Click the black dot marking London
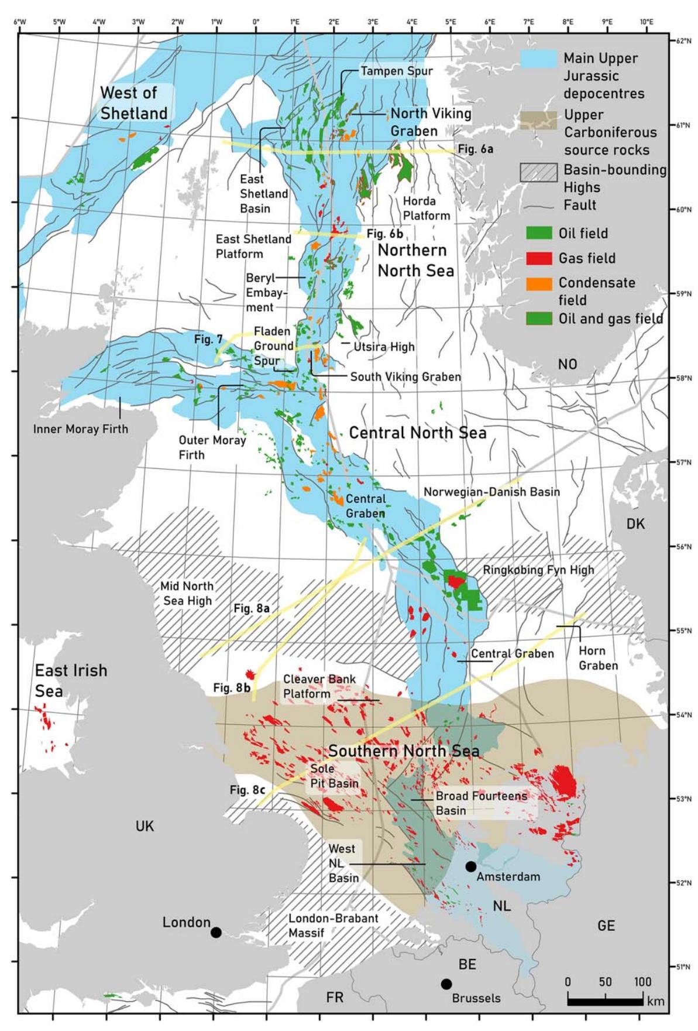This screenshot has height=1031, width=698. tap(216, 932)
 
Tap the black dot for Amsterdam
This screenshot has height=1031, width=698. tap(471, 866)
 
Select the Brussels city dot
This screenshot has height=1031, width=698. tap(446, 984)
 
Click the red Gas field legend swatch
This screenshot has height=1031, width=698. tap(539, 258)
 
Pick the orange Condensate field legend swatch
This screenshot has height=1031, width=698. tap(539, 283)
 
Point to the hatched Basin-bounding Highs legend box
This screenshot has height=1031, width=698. tap(538, 172)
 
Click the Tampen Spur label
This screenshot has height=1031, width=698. tap(397, 71)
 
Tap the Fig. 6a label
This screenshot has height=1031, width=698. tap(475, 149)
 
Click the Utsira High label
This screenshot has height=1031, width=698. tap(384, 347)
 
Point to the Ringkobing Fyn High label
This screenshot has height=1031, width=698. tap(538, 570)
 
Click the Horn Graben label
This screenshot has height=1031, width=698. tap(598, 658)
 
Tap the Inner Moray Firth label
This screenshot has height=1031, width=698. tap(81, 429)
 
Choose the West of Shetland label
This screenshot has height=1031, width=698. tap(133, 102)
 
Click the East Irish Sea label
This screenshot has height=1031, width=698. tap(71, 680)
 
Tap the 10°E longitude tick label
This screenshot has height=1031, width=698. tap(646, 22)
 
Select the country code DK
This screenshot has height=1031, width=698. tap(635, 523)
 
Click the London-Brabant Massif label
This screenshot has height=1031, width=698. tap(333, 925)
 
